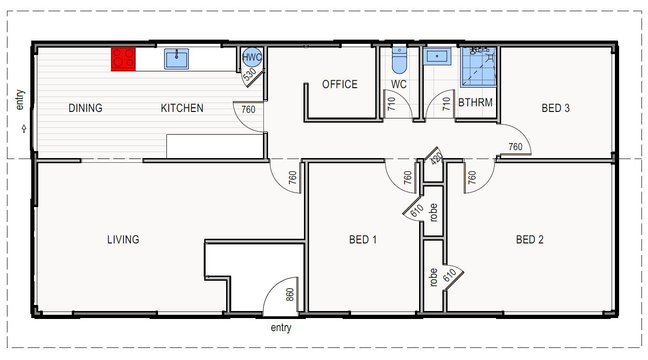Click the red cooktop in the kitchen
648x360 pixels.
pos(123,59)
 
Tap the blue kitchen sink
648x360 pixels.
pos(177,59)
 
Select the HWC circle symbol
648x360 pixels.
pos(252,57)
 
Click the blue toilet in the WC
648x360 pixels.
pos(399,60)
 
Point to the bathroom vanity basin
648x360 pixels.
pos(437,56)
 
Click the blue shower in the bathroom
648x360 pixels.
pos(478,67)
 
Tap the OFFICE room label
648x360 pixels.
pos(340,84)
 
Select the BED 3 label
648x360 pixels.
pos(555,108)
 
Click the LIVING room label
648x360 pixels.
pos(123,239)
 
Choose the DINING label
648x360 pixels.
pos(85,108)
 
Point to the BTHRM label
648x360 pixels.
pos(476,103)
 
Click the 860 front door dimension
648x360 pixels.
pos(290,295)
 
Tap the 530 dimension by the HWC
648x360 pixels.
pos(249,74)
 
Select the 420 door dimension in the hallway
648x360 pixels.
pos(436,159)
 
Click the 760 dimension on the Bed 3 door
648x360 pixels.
pos(516,147)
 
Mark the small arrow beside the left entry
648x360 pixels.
pos(24,129)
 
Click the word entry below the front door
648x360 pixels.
pos(281,328)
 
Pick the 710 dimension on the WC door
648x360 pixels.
pos(391,104)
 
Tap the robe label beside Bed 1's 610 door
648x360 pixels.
pos(433,213)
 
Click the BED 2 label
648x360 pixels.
pos(530,239)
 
